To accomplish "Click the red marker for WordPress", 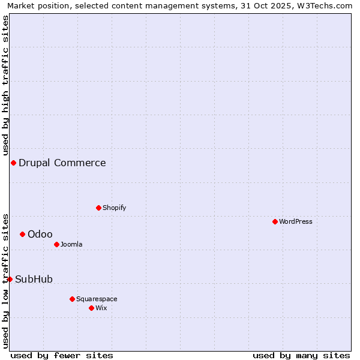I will tap(275, 221).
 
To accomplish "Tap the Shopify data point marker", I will tap(98, 208).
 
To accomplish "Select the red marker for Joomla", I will tap(56, 244).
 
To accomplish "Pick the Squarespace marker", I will tap(72, 299).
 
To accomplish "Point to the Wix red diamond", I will tap(91, 308).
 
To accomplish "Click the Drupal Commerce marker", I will tap(13, 163).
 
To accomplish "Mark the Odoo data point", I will tap(22, 234).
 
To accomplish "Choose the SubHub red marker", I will tap(10, 279).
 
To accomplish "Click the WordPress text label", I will tap(296, 221).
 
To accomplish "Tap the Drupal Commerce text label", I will tap(62, 163).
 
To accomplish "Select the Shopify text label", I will tap(114, 208).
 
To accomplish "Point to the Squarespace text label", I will tap(97, 299).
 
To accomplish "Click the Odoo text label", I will tap(40, 234).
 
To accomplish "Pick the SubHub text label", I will tap(34, 279).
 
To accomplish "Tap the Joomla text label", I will tap(71, 244).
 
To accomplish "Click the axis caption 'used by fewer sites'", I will tap(62, 355).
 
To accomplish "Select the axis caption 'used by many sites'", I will tap(301, 355).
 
